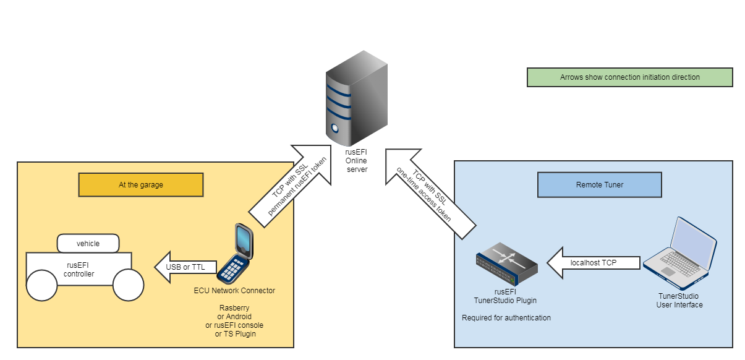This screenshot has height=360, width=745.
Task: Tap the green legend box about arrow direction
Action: (629, 77)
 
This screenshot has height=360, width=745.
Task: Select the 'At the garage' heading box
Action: (141, 184)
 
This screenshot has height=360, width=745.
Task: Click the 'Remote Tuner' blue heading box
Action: (599, 184)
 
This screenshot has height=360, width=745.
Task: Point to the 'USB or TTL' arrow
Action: (186, 267)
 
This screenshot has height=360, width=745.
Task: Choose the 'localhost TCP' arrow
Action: (592, 263)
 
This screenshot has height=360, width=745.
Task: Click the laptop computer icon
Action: (680, 254)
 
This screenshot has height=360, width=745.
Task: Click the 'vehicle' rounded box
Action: (88, 243)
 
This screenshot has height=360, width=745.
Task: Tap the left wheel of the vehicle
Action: (41, 285)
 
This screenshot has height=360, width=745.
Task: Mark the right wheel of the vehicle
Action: (129, 285)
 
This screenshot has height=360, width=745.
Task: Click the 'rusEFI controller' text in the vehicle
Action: (79, 269)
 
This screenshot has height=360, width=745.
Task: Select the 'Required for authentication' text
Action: (506, 318)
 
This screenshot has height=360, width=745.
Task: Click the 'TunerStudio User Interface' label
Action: (679, 301)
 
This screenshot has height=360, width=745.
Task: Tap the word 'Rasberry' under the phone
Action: (234, 308)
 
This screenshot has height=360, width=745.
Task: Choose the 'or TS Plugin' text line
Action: (235, 334)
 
